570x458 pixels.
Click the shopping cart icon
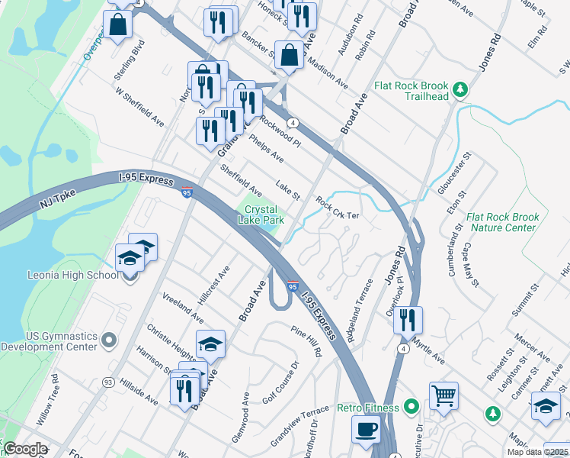tap(444, 395)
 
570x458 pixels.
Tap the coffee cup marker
tap(366, 429)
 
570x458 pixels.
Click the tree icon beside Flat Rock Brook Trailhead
tap(460, 91)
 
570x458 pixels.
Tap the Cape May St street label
tap(469, 270)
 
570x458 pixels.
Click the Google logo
tap(25, 449)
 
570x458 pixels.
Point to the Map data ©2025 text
tap(536, 452)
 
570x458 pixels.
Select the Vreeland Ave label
tap(183, 305)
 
